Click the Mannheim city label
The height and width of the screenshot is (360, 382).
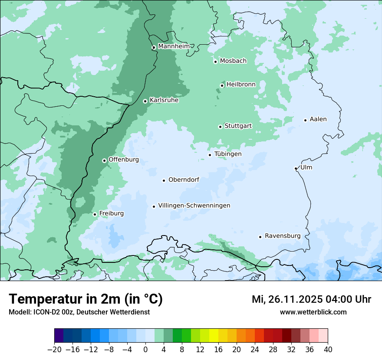pos(174,46)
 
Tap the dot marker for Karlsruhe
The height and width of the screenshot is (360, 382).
pos(145,101)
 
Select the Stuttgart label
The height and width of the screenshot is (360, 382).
pos(238,126)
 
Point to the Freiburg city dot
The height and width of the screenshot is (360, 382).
pos(95,214)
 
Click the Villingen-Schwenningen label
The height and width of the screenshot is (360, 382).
pos(194,206)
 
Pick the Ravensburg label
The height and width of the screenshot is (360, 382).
pos(283,236)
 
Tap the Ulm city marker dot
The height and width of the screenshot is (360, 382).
pos(296,168)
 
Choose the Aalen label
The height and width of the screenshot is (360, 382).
pos(318,119)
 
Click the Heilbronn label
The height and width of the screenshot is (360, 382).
pos(241,84)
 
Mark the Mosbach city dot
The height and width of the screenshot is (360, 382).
pos(215,62)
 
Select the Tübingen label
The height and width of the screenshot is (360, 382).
pos(228,154)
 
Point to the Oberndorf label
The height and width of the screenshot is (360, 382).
pos(184,180)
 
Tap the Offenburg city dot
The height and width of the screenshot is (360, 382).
pos(104,160)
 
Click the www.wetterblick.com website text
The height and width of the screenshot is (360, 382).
pos(313,312)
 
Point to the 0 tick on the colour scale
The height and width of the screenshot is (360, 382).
pos(145,350)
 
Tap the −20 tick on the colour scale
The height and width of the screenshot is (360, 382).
pos(54,350)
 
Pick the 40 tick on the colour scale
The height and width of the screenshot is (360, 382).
pos(328,350)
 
